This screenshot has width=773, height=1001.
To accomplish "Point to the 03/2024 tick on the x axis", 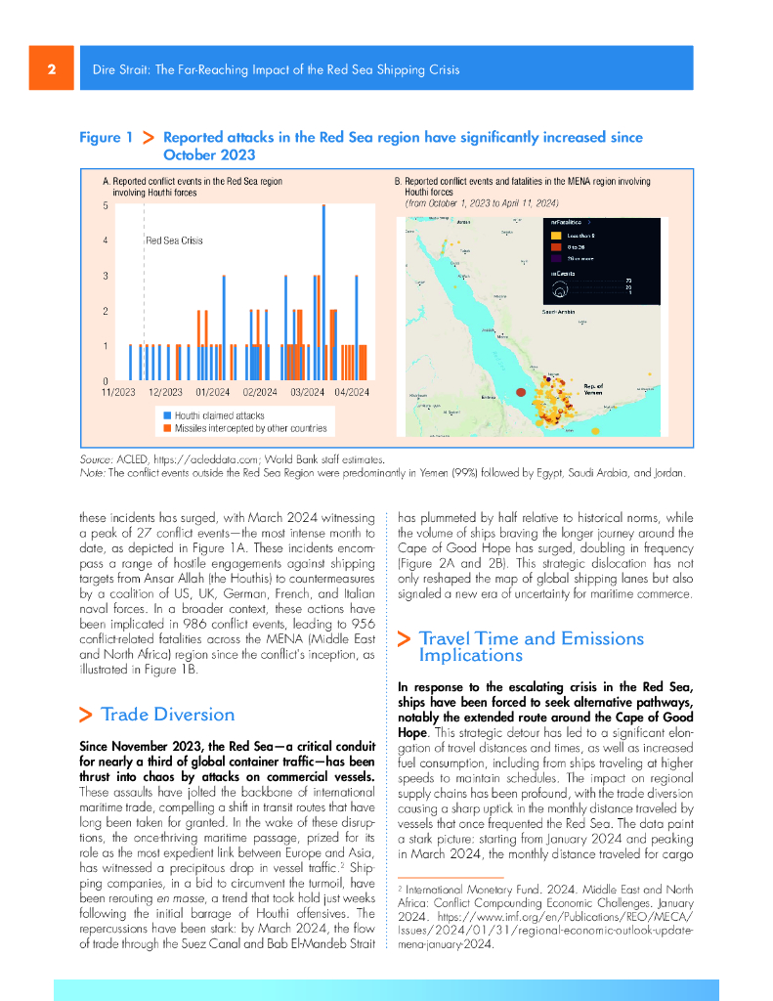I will (x=307, y=392).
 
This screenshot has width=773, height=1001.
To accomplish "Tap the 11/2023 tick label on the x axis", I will (x=118, y=392).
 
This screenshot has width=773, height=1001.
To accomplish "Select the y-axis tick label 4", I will (x=106, y=240).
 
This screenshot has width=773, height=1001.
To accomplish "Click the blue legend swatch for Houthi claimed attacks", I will (x=167, y=415).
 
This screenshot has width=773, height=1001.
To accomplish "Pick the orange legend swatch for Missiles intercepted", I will (x=167, y=428).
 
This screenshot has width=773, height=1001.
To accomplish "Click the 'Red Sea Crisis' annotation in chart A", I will (x=174, y=240).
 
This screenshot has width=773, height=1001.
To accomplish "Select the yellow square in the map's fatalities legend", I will (x=555, y=236).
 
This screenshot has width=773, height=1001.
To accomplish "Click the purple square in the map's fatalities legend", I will (x=555, y=259).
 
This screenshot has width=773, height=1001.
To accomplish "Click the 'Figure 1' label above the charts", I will (x=106, y=138).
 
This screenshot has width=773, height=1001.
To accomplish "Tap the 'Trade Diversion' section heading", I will (x=167, y=714).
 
